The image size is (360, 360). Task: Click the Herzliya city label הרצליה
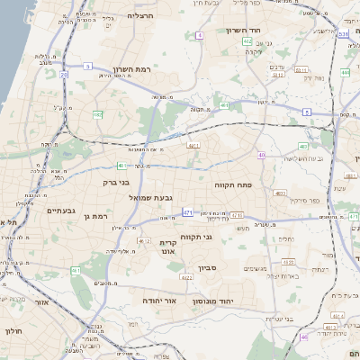point(140,16)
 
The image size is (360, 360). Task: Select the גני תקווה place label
point(195,238)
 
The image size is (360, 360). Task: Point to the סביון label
point(208,267)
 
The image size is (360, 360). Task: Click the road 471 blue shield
point(187,213)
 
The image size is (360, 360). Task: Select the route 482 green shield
point(121,165)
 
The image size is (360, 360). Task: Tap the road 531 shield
point(344,34)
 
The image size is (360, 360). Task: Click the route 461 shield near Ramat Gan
point(76,270)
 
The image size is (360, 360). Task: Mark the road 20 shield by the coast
point(64,75)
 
